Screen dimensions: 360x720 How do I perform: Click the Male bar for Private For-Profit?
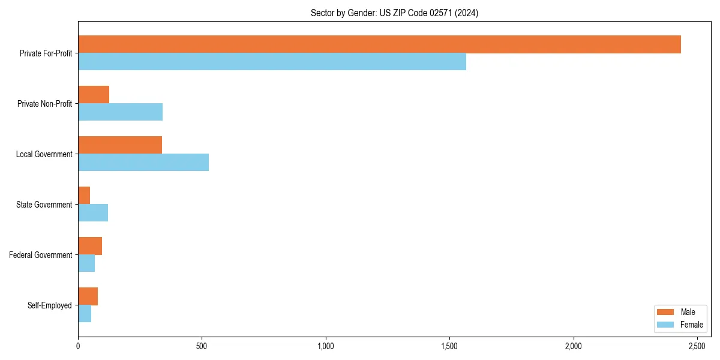[379, 44]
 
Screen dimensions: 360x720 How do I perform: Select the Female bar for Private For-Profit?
[272, 62]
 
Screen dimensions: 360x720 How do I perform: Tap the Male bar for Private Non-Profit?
[94, 95]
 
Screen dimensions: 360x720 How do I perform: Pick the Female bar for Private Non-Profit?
[120, 112]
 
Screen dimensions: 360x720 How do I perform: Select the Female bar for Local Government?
[143, 163]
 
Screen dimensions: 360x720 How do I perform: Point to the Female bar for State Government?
[93, 213]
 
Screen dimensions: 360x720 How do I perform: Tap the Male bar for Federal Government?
[90, 246]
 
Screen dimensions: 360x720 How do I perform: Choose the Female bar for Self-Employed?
[85, 314]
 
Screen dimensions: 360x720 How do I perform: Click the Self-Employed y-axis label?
[50, 305]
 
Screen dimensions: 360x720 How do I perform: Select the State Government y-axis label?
[44, 205]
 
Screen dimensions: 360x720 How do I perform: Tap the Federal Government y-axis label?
[41, 255]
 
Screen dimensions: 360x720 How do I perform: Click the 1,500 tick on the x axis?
[449, 346]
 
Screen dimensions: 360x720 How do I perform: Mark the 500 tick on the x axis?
[202, 346]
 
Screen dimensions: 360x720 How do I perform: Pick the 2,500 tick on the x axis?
[697, 346]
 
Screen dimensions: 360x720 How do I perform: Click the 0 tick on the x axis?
[78, 346]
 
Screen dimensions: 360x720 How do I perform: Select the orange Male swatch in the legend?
[666, 312]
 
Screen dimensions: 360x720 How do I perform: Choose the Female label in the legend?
[692, 325]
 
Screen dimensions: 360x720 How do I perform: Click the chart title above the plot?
[394, 13]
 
